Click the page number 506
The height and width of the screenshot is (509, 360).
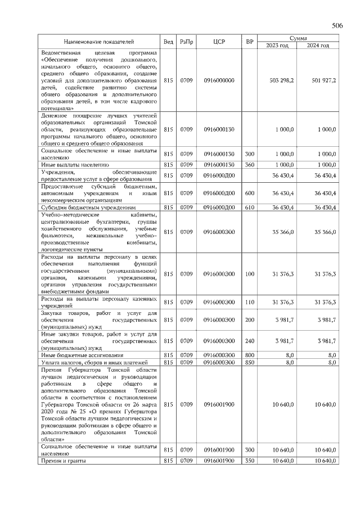(337, 26)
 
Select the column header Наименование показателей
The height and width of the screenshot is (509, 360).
(98, 42)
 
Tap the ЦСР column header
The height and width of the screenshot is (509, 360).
(219, 42)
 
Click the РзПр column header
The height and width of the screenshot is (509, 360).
(186, 42)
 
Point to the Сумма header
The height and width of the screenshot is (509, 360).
(298, 38)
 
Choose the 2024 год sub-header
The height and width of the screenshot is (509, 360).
(317, 45)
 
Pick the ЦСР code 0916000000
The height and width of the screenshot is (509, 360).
(219, 80)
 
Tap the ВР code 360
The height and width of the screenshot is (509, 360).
(250, 165)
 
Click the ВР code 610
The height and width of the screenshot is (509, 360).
(250, 208)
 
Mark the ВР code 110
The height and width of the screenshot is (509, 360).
(250, 303)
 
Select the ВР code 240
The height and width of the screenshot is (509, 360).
(250, 341)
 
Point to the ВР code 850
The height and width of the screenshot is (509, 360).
(250, 363)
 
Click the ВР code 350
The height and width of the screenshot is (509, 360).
(250, 461)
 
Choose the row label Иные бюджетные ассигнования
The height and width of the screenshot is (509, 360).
(76, 355)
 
